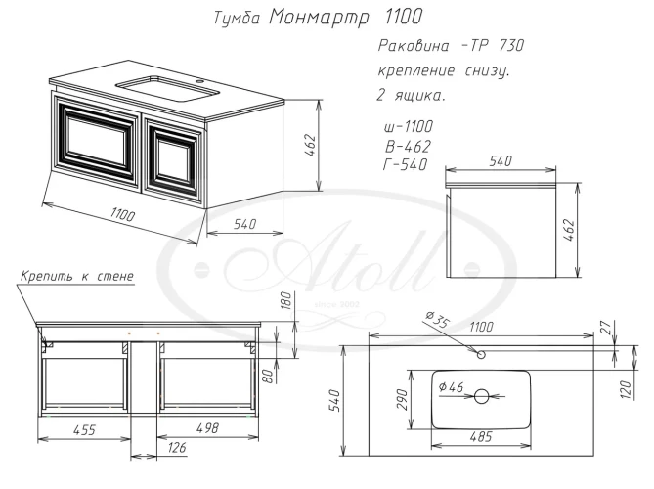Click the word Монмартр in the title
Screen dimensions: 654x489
coord(319,18)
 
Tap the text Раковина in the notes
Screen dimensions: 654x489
coord(414,46)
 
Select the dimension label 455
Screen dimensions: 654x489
coord(85,429)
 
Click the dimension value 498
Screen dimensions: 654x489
coord(207,428)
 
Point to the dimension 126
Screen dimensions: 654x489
coord(177,448)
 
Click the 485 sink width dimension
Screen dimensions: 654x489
coord(481,437)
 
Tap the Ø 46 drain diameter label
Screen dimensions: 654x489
coord(451,387)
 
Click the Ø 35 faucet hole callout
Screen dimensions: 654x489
coord(437,320)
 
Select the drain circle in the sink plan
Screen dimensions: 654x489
coord(482,396)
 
